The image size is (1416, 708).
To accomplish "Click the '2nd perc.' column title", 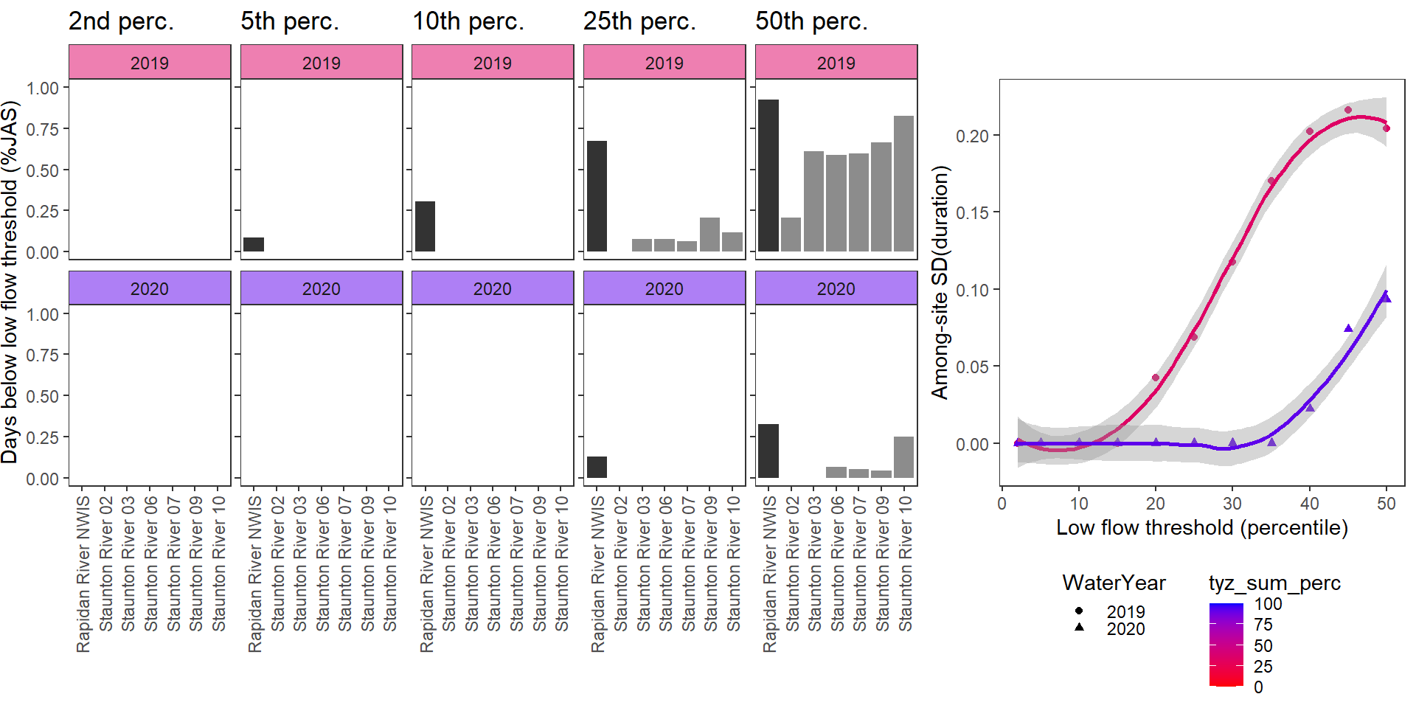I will (x=121, y=21).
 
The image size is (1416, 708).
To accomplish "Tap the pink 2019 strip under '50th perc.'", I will (x=836, y=63).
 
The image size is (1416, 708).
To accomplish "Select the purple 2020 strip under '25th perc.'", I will (x=664, y=288).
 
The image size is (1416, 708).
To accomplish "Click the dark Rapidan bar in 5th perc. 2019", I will (x=254, y=244).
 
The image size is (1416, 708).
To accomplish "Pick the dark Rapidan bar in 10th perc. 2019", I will (x=425, y=226).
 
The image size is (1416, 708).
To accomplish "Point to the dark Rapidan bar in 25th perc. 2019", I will (x=597, y=196).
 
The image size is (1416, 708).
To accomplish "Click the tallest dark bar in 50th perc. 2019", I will (x=768, y=176).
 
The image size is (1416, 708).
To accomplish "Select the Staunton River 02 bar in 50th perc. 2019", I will (x=791, y=235).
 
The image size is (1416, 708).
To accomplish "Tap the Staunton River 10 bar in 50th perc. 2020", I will (x=903, y=457).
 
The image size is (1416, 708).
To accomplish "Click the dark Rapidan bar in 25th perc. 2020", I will (x=597, y=467).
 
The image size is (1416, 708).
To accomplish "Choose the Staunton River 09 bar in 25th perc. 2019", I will (x=709, y=235).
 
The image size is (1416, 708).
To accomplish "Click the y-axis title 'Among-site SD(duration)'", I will (x=940, y=282).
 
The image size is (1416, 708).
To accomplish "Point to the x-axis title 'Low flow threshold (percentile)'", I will (x=1201, y=528).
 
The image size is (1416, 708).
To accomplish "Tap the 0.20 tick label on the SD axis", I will (x=972, y=136).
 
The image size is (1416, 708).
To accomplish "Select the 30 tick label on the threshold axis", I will (x=1232, y=504).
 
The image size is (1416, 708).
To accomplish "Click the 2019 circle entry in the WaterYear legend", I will (x=1079, y=611).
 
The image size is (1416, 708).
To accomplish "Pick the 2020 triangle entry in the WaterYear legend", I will (x=1079, y=628).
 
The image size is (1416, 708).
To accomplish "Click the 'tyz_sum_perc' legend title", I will (x=1274, y=583).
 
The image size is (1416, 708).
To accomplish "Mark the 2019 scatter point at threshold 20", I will (x=1156, y=378).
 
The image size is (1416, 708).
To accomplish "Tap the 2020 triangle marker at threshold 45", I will (x=1348, y=328).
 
